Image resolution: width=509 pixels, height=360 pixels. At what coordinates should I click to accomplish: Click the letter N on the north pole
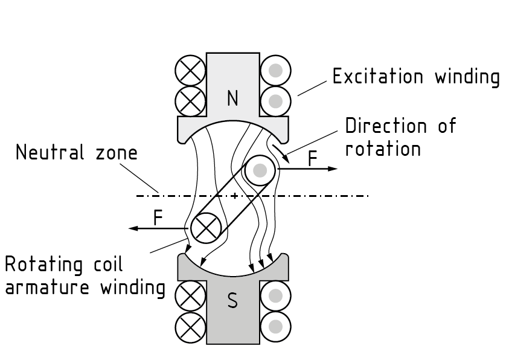click(232, 98)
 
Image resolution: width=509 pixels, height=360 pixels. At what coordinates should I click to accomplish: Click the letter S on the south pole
click(232, 300)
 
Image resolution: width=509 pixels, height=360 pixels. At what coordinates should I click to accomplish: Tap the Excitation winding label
click(416, 77)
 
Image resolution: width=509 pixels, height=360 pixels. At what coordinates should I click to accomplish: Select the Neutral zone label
click(76, 153)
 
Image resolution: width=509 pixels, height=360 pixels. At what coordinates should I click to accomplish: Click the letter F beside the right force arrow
click(312, 158)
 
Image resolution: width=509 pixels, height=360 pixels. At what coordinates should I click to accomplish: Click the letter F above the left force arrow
click(158, 217)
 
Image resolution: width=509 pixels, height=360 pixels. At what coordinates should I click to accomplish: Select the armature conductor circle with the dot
click(260, 170)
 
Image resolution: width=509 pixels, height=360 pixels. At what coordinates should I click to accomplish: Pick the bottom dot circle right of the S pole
click(275, 327)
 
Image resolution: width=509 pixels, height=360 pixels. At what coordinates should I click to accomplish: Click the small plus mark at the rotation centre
click(234, 195)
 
